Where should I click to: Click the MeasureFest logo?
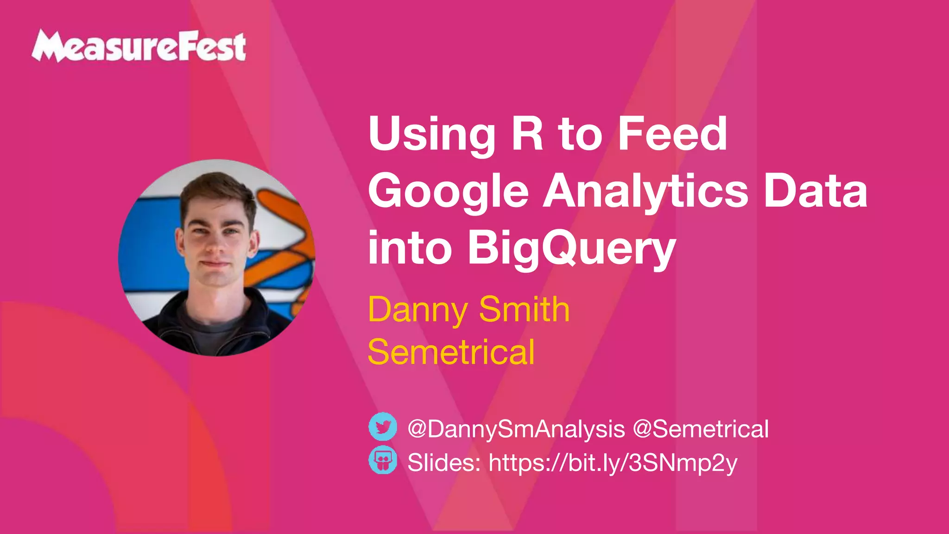pyautogui.click(x=139, y=46)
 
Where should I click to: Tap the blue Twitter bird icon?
pyautogui.click(x=383, y=426)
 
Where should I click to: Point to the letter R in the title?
pyautogui.click(x=527, y=134)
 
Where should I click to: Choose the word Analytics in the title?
pyautogui.click(x=645, y=192)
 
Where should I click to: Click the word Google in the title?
pyautogui.click(x=448, y=192)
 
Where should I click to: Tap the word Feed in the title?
pyautogui.click(x=672, y=134)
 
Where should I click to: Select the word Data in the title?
pyautogui.click(x=816, y=192)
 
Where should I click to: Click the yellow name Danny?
pyautogui.click(x=418, y=310)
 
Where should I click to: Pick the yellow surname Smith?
pyautogui.click(x=524, y=309)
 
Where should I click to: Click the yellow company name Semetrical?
pyautogui.click(x=451, y=352)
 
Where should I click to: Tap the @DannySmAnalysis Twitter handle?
pyautogui.click(x=516, y=429)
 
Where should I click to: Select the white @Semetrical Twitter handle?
pyautogui.click(x=701, y=429)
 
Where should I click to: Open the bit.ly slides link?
pyautogui.click(x=613, y=463)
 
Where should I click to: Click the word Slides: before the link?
pyautogui.click(x=444, y=463)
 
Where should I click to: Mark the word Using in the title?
pyautogui.click(x=432, y=135)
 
